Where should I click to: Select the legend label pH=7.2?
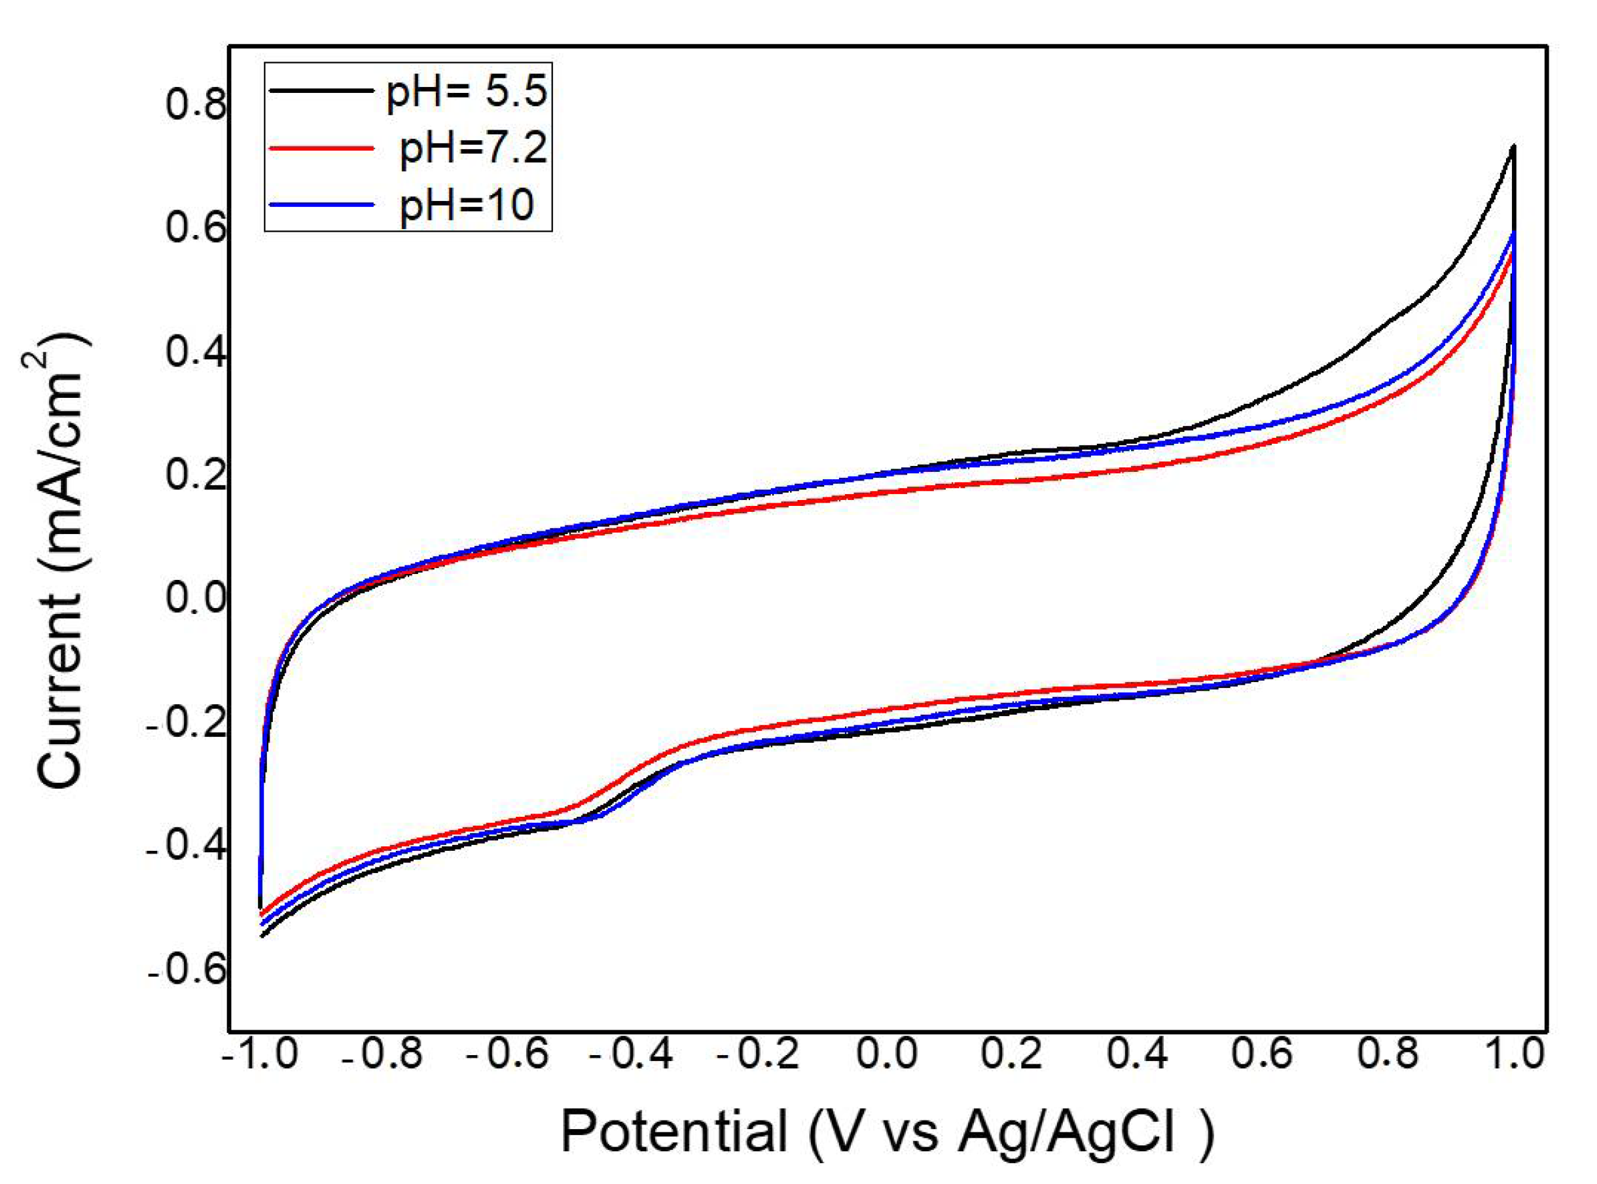[x=473, y=149]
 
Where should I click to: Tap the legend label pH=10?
[x=467, y=205]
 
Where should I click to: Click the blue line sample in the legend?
[x=321, y=204]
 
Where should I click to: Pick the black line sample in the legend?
[x=321, y=90]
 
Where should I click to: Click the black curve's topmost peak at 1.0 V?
[x=1514, y=146]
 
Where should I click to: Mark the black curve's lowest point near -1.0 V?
[x=262, y=936]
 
